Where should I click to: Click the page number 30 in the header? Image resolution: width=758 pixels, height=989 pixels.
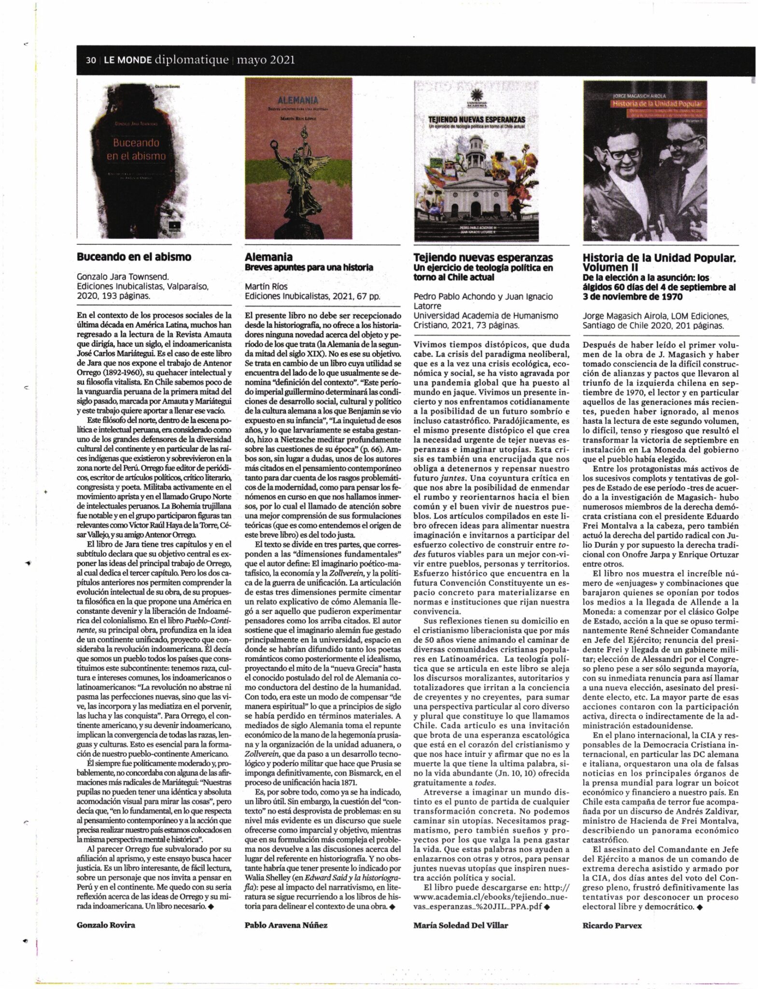[90, 60]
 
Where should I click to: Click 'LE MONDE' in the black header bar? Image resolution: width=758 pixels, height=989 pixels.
[126, 60]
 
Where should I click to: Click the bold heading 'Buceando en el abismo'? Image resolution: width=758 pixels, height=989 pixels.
[134, 256]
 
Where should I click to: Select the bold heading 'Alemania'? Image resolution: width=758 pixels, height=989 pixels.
[268, 257]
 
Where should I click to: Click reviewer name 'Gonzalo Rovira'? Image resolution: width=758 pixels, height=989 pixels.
[106, 924]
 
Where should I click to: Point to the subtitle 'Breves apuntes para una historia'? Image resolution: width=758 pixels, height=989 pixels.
[309, 267]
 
